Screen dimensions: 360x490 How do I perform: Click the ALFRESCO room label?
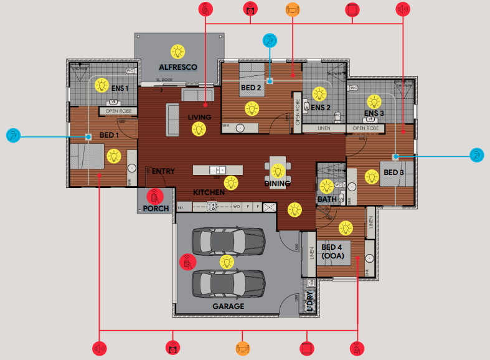pos(178,67)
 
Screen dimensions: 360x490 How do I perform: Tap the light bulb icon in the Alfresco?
pos(178,50)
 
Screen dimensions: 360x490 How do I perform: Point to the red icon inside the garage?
pos(187,262)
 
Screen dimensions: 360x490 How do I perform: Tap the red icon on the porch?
pos(155,196)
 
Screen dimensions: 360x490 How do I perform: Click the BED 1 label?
pos(109,135)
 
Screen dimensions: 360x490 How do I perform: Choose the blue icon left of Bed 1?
pos(13,135)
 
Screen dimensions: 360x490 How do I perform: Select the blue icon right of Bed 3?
pos(476,155)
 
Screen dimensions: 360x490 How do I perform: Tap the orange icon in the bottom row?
pos(243,348)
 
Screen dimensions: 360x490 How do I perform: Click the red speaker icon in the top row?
pos(403,9)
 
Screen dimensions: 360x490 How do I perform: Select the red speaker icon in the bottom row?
pos(100,348)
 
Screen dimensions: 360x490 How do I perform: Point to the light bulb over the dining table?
pos(278,169)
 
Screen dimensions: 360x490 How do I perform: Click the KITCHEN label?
pos(209,192)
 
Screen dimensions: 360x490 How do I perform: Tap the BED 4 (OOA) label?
pos(332,251)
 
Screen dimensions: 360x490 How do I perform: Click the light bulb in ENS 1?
pos(101,84)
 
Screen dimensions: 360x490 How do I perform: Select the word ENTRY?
pos(163,171)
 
